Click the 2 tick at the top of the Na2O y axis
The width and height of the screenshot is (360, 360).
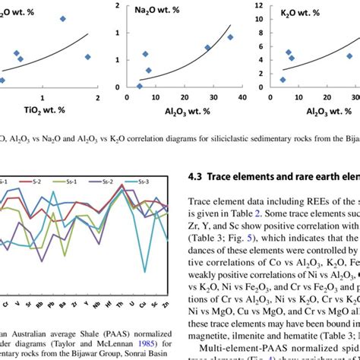click(117, 6)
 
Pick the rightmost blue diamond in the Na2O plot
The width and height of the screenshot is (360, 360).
click(230, 37)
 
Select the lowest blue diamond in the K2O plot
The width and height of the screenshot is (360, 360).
click(283, 80)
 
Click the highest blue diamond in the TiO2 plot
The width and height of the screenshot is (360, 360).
click(62, 18)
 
